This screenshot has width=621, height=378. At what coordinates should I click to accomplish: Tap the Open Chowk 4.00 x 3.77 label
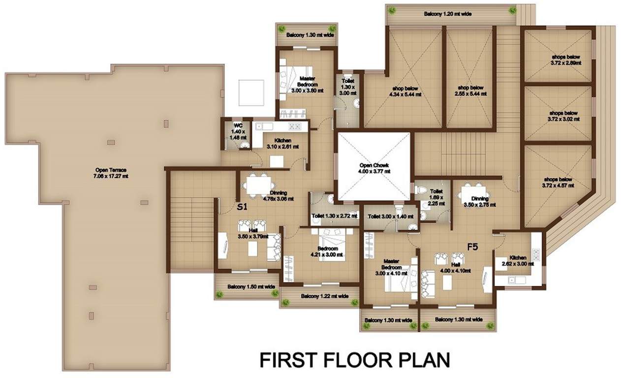[373, 168]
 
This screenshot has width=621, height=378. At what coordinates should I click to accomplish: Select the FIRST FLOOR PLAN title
[354, 359]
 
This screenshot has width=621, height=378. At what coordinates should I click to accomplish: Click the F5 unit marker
[473, 247]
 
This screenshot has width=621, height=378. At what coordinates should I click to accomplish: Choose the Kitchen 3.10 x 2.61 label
[279, 143]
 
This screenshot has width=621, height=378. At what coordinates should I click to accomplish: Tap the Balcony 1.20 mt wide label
[448, 14]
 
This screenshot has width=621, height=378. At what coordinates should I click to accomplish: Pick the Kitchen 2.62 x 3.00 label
[518, 260]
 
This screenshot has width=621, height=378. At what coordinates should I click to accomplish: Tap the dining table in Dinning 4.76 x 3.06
[256, 185]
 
